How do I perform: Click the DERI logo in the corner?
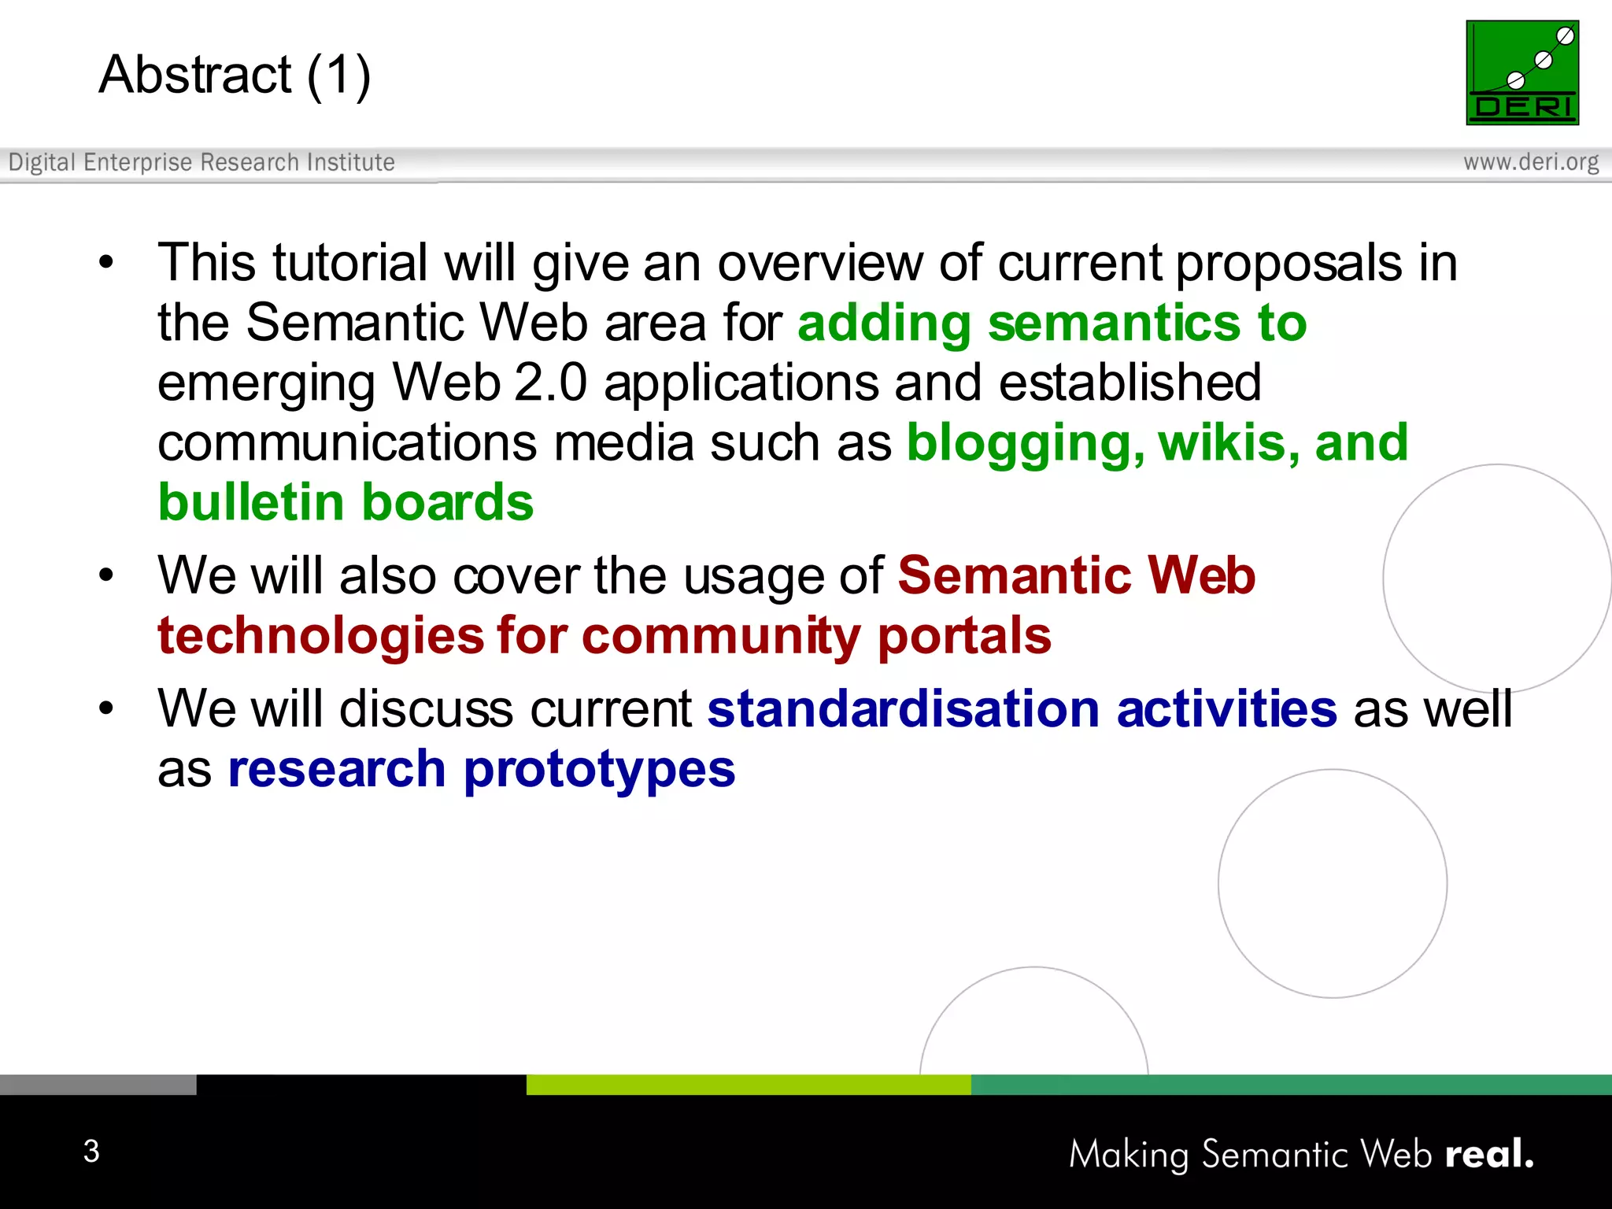click(1521, 72)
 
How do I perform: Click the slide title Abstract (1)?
click(235, 75)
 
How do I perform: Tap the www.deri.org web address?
click(1530, 162)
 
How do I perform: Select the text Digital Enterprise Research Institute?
click(201, 162)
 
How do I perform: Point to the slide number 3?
click(91, 1151)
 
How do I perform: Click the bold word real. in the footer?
click(1488, 1154)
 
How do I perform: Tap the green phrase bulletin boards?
click(346, 502)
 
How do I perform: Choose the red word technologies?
click(320, 636)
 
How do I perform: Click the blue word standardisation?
click(903, 708)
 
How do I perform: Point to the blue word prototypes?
click(599, 771)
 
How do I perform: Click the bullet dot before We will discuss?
click(106, 708)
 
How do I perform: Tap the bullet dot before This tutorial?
click(106, 263)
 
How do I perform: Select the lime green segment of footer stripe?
click(748, 1084)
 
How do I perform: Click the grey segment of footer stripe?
click(98, 1084)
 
